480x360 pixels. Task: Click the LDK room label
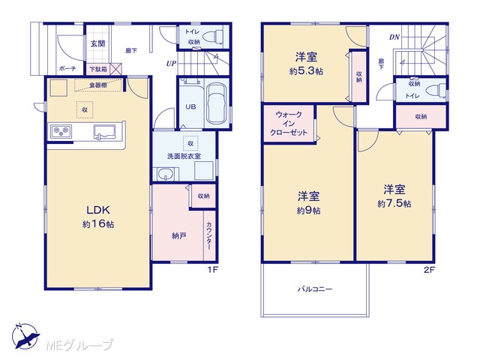tap(98, 210)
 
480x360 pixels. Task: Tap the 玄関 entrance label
tap(97, 43)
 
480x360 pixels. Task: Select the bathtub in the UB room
tap(217, 103)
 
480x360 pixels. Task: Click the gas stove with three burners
tap(61, 131)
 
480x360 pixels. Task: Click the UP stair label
tap(172, 64)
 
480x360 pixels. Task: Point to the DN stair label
tap(394, 37)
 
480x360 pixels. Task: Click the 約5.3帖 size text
tap(306, 72)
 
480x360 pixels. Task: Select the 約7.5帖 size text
tap(394, 203)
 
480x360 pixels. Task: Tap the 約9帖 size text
tap(308, 211)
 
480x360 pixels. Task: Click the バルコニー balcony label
tap(315, 289)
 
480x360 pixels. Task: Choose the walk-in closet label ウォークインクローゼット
tap(289, 124)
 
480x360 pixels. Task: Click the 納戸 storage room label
tap(179, 236)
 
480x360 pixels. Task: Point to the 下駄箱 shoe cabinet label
tap(98, 70)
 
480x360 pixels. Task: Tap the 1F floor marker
tap(213, 270)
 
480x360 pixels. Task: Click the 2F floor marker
tap(429, 270)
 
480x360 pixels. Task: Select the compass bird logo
tap(25, 337)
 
